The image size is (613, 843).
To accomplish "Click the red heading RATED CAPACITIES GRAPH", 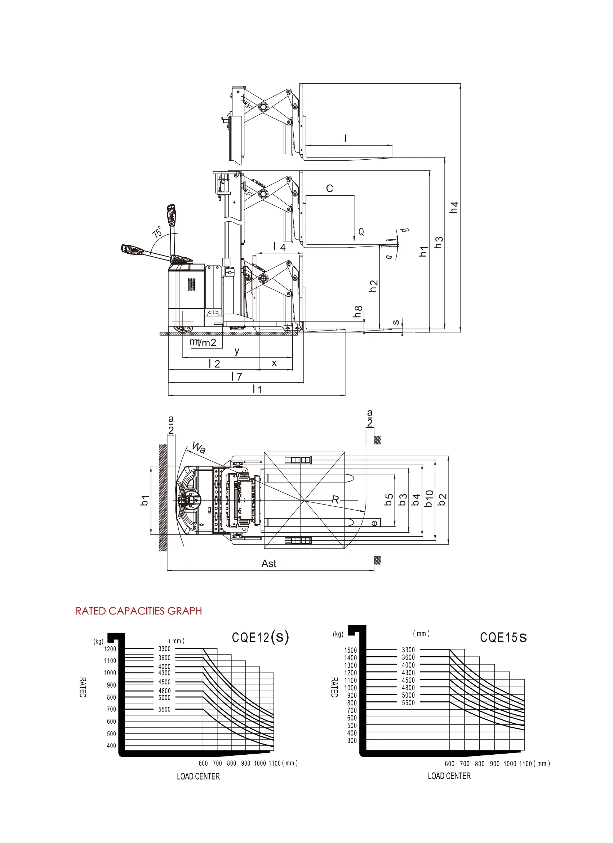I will click(138, 611).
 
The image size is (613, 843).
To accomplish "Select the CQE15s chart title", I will click(503, 637).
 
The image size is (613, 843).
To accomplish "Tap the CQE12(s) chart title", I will click(260, 637).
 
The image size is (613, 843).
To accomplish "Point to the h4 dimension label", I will click(454, 207).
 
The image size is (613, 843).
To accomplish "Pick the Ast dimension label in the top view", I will click(268, 563).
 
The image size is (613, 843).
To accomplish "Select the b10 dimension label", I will click(429, 498).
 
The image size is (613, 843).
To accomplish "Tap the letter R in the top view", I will click(335, 500).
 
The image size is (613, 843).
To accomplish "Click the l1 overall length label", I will click(257, 389).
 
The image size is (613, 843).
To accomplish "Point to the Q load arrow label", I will click(361, 232).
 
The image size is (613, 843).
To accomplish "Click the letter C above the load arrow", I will click(329, 188).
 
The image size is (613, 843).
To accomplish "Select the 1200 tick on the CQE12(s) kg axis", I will click(110, 649).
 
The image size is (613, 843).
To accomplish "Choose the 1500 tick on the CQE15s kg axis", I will click(350, 650).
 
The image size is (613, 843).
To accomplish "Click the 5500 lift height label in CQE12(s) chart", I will click(164, 709).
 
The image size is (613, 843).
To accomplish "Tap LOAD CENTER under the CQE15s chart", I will click(449, 776).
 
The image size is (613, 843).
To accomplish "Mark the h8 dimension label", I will click(357, 311).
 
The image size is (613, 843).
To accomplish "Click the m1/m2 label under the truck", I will click(203, 342).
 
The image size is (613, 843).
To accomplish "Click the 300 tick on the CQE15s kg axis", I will click(352, 740).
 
